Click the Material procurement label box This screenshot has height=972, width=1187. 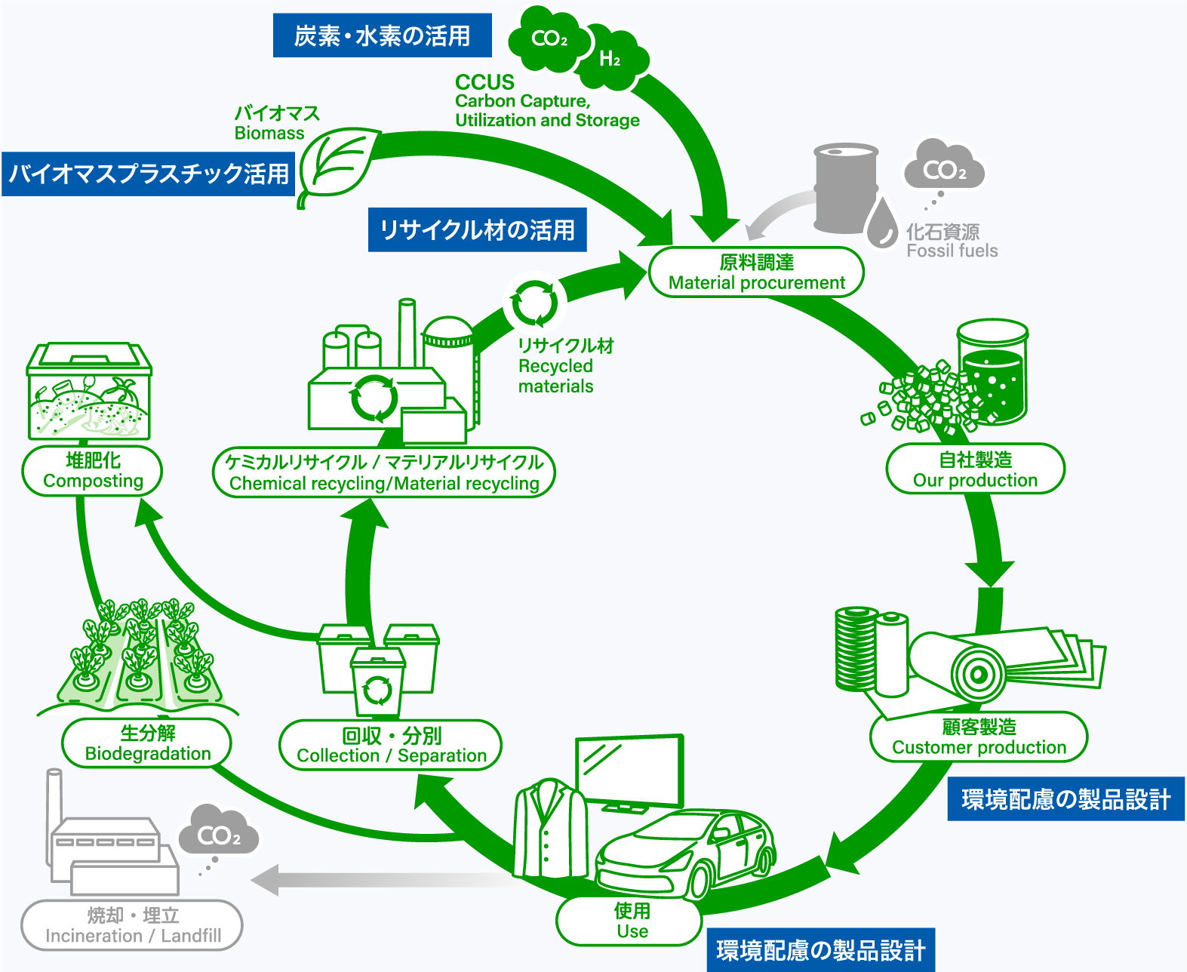coord(756,272)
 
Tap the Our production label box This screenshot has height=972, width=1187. coord(975,469)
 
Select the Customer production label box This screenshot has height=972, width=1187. coord(979,737)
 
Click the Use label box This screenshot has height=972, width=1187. coord(631,921)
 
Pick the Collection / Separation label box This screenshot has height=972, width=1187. coord(391,746)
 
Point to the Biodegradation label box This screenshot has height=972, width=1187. coord(147,743)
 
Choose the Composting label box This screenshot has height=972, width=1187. coord(93,471)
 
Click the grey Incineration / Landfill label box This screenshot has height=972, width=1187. coord(132,925)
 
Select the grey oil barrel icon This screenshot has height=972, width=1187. coord(845,188)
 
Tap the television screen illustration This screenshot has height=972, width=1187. coord(629,771)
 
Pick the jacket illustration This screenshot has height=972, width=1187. coord(550,830)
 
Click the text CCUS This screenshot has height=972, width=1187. coord(484,82)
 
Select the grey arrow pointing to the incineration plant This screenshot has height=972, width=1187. coord(377,880)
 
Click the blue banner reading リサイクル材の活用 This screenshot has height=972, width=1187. coord(477,229)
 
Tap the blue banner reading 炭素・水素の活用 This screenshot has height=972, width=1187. coord(382,35)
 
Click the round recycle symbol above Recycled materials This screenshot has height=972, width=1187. coord(534,302)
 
